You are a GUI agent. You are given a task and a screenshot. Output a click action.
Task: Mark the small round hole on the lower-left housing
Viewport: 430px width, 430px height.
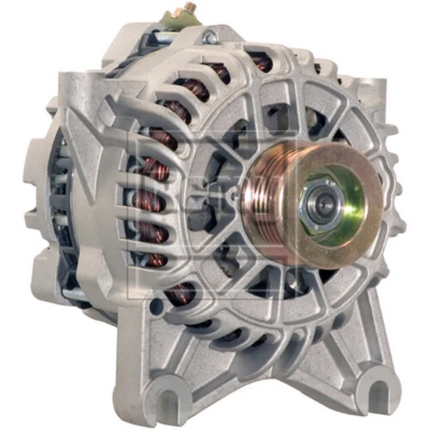pos(155,307)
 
